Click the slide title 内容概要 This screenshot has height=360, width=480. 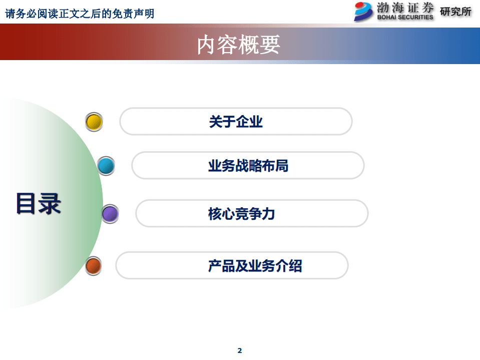point(238,45)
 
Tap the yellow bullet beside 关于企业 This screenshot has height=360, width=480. point(94,122)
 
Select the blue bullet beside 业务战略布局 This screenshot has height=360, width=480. point(106,166)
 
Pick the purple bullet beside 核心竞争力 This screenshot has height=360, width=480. point(110,214)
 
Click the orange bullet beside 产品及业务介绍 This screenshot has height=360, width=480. point(93,265)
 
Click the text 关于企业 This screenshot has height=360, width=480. point(236,122)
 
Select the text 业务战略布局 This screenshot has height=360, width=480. point(248,166)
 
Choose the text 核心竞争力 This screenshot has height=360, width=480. point(242,214)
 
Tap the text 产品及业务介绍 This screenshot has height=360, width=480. point(255,265)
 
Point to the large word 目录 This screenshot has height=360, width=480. point(38,203)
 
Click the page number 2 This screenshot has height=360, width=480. point(239,350)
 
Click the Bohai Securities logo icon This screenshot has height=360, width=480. point(364,11)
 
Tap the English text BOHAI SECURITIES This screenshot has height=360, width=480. point(406,17)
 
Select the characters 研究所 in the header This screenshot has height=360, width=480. point(455,11)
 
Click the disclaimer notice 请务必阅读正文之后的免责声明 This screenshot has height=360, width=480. point(80,14)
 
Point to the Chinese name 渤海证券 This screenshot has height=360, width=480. point(406,8)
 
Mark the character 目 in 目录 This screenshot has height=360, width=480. point(27,203)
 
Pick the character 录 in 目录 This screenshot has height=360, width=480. point(50,203)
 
